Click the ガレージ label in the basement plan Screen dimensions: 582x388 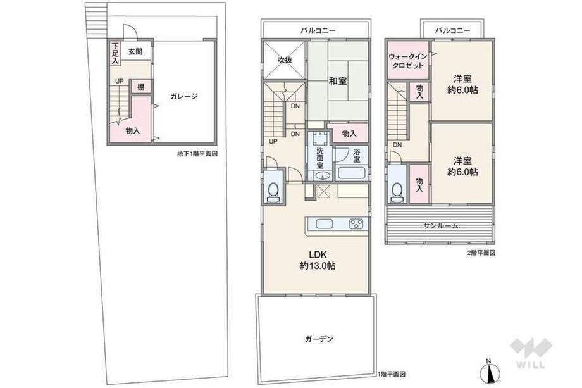pos(184,97)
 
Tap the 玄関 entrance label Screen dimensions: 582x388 pos(135,52)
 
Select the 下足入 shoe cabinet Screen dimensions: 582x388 pos(115,54)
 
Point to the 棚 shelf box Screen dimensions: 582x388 pos(140,87)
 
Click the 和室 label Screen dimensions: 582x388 pos(338,80)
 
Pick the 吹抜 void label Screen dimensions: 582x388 pos(285,59)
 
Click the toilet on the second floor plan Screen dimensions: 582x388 pos(397,192)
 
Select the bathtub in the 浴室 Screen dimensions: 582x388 pos(350,173)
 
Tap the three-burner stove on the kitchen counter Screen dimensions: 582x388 pos(356,224)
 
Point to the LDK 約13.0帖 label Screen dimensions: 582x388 pos(318,260)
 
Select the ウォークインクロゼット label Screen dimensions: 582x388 pos(407,61)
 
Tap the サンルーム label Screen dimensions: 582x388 pos(441,225)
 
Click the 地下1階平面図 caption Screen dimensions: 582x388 pos(197,154)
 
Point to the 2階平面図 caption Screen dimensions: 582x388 pos(481,253)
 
